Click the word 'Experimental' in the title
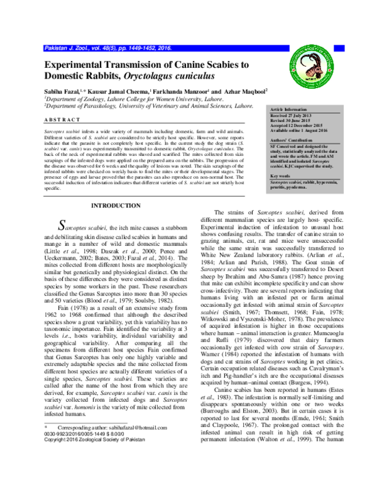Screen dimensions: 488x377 click(x=82, y=65)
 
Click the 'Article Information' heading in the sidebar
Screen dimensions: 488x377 click(x=290, y=109)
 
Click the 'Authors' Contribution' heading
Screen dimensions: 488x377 click(x=292, y=140)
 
